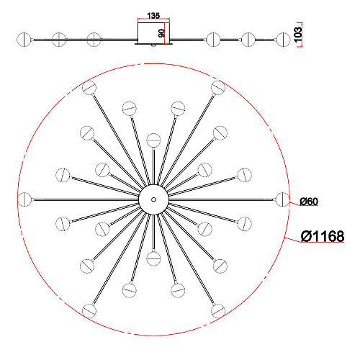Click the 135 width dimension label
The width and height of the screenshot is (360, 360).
(153, 16)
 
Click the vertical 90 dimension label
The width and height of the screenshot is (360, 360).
(162, 33)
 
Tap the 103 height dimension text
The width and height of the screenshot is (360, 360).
(297, 35)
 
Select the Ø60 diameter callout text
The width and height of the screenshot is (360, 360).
(309, 202)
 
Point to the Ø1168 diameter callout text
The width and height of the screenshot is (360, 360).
(323, 236)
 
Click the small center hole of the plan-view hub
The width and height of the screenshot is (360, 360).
(153, 199)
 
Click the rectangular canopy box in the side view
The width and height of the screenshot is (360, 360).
(153, 33)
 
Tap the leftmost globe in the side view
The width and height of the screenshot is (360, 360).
(24, 40)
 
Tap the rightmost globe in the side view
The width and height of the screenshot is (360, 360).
(284, 40)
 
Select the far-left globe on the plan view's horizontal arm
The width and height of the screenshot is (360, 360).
(24, 199)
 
